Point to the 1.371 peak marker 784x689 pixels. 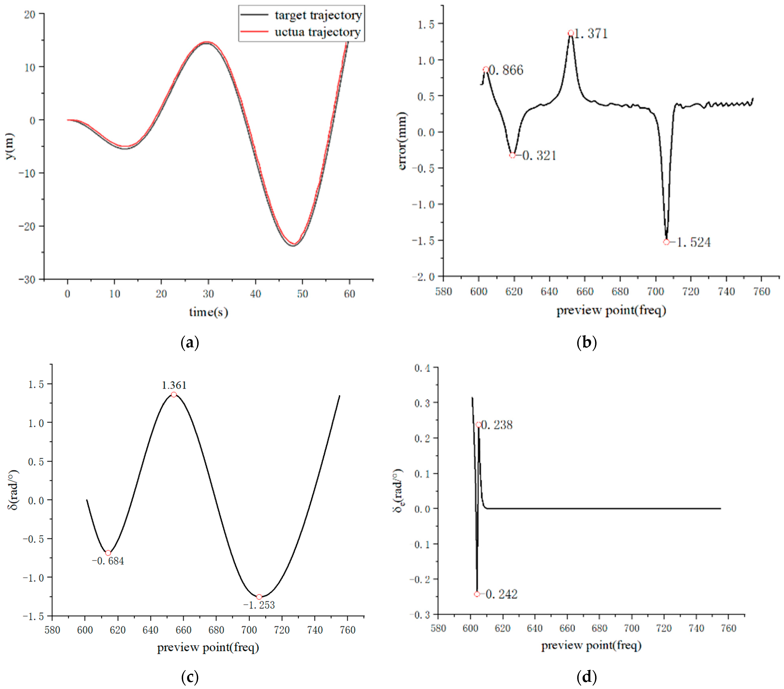571,33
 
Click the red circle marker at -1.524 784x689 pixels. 666,242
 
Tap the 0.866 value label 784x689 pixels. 506,70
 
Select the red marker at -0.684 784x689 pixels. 108,553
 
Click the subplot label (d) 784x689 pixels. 587,677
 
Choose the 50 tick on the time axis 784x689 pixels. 302,294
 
